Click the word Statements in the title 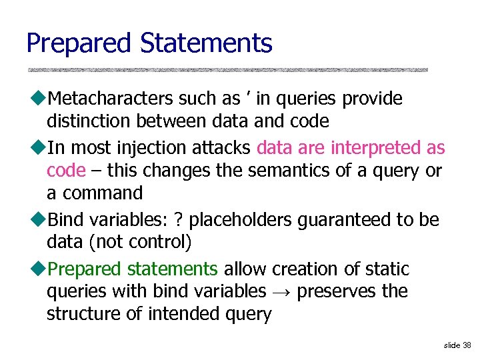click(206, 43)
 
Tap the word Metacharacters click(111, 99)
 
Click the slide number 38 click(466, 345)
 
